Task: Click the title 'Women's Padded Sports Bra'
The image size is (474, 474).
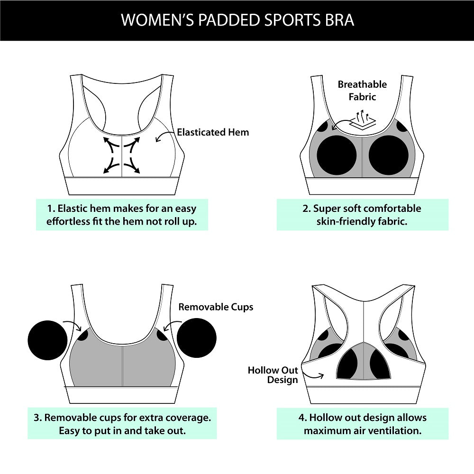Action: [237, 20]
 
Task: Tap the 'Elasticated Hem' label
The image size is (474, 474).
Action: [213, 132]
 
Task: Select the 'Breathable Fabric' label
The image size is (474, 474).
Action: [362, 91]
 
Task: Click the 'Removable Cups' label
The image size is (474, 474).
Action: [216, 307]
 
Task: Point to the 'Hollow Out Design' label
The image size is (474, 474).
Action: [273, 375]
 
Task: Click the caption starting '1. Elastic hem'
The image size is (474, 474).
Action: [122, 215]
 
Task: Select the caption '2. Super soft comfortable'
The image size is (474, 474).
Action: [362, 215]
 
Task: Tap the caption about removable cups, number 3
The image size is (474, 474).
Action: [122, 424]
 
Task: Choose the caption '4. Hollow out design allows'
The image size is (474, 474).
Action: [362, 424]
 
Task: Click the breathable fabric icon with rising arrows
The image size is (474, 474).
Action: [363, 120]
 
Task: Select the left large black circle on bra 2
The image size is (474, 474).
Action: [337, 156]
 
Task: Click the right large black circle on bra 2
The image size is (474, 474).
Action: [388, 156]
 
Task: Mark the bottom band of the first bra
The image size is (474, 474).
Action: [122, 186]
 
